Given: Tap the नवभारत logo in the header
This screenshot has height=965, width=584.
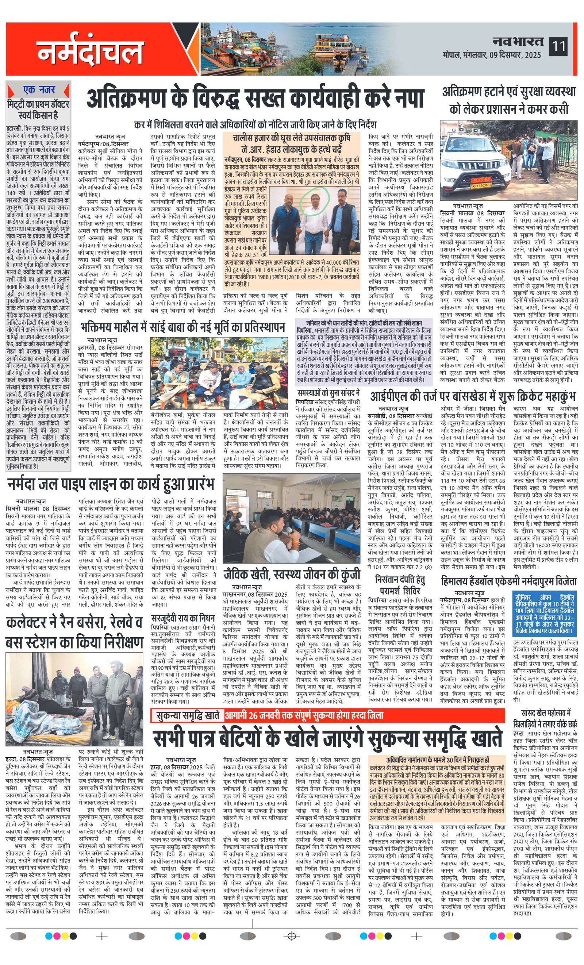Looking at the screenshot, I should coord(518,41).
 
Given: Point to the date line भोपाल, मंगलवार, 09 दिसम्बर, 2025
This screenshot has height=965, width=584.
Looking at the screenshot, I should coord(492,55).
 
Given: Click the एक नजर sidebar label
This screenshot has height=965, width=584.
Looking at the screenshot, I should coord(39,90).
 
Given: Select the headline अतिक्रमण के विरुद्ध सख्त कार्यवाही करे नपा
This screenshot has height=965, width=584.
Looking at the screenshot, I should coord(255,99).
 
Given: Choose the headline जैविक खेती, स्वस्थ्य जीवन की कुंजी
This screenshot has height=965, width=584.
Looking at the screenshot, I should coord(291,574).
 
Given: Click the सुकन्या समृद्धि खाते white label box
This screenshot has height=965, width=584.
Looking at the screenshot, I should coord(188,715).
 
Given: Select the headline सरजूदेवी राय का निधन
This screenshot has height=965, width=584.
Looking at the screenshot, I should coord(183,618).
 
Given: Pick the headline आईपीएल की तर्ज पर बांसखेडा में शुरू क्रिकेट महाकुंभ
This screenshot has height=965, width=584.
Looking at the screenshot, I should coord(473,396).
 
